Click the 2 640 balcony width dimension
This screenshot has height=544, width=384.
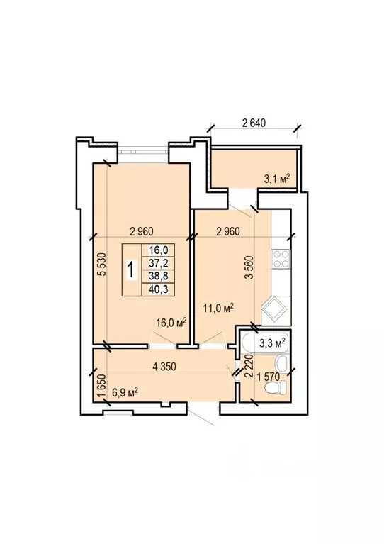[254, 123]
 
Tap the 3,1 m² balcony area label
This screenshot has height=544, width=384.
[277, 179]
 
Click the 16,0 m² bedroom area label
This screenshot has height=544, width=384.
[171, 322]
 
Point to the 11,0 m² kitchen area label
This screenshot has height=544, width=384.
[218, 308]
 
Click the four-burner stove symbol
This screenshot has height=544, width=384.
[281, 259]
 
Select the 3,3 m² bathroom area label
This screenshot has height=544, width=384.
[272, 343]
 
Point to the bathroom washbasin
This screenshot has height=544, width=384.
[281, 364]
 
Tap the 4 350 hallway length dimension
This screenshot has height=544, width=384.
[164, 367]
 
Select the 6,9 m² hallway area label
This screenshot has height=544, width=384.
[125, 393]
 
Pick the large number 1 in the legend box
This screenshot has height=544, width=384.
[130, 270]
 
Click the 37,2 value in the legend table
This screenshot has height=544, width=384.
[159, 264]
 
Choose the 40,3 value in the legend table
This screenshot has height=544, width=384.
[159, 289]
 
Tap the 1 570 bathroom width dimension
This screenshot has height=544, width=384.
[268, 377]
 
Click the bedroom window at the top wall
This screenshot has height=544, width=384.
[143, 151]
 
